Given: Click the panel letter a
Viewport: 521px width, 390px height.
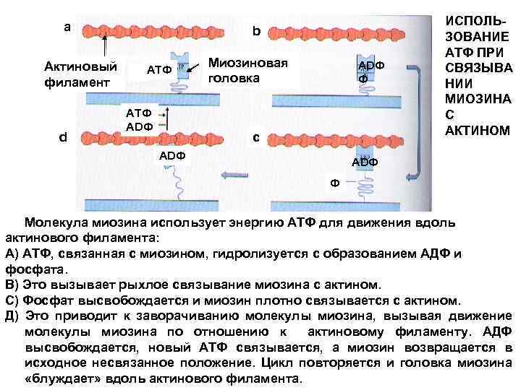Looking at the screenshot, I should pos(67,27).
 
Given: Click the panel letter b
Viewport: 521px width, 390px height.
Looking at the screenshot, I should pos(255,32).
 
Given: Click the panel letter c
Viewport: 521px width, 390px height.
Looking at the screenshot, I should pos(255,137).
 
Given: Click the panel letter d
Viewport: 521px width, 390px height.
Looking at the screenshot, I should pos(64,136).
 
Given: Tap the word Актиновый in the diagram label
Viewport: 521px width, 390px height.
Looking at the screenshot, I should pos(82,67).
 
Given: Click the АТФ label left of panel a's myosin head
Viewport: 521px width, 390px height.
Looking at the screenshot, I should pos(158,70).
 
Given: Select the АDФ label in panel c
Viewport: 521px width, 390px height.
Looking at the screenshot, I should pos(364,162).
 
